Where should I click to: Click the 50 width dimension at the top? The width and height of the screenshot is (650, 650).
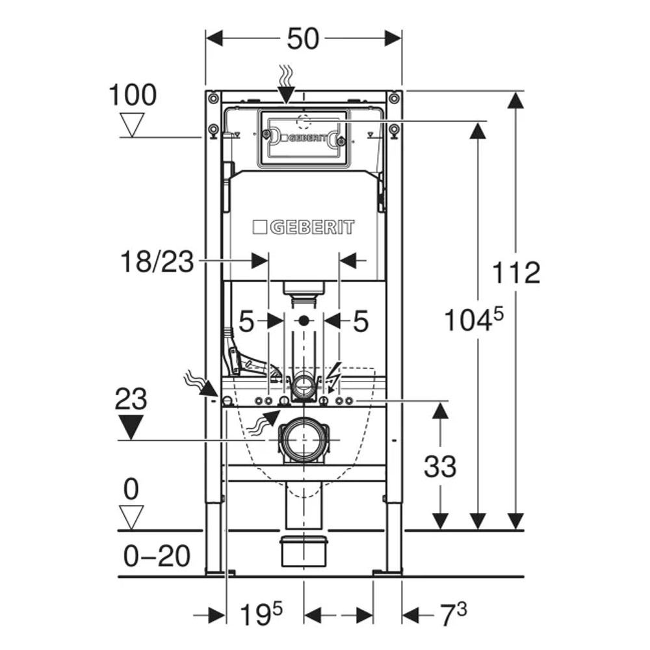[303, 38]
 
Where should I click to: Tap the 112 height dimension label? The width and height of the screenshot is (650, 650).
[516, 272]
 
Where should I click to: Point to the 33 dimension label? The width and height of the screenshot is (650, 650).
[440, 466]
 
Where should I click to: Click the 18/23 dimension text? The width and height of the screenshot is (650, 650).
[157, 261]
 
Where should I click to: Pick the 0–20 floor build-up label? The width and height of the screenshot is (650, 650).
[157, 556]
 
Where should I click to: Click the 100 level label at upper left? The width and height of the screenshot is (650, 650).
[133, 95]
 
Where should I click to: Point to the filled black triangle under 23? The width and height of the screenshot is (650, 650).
[131, 427]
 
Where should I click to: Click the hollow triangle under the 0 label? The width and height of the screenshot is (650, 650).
[131, 517]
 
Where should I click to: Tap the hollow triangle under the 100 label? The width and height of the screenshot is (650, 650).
[132, 125]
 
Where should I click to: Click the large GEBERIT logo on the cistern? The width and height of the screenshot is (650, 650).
[304, 227]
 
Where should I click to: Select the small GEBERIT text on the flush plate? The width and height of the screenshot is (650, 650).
[307, 138]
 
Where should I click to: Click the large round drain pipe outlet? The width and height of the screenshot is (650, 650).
[304, 439]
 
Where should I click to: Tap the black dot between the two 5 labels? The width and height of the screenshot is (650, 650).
[304, 320]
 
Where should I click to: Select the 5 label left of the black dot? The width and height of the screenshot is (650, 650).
[246, 321]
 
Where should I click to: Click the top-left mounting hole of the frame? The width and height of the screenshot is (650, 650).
[213, 99]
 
